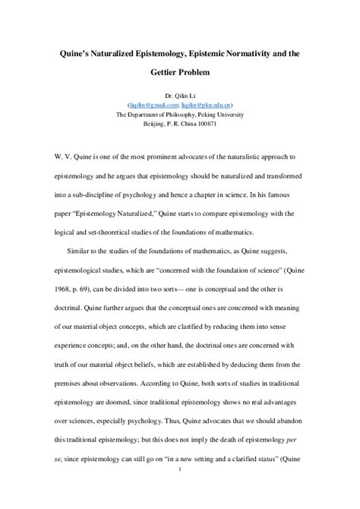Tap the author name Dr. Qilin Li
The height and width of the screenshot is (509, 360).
pos(180,94)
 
